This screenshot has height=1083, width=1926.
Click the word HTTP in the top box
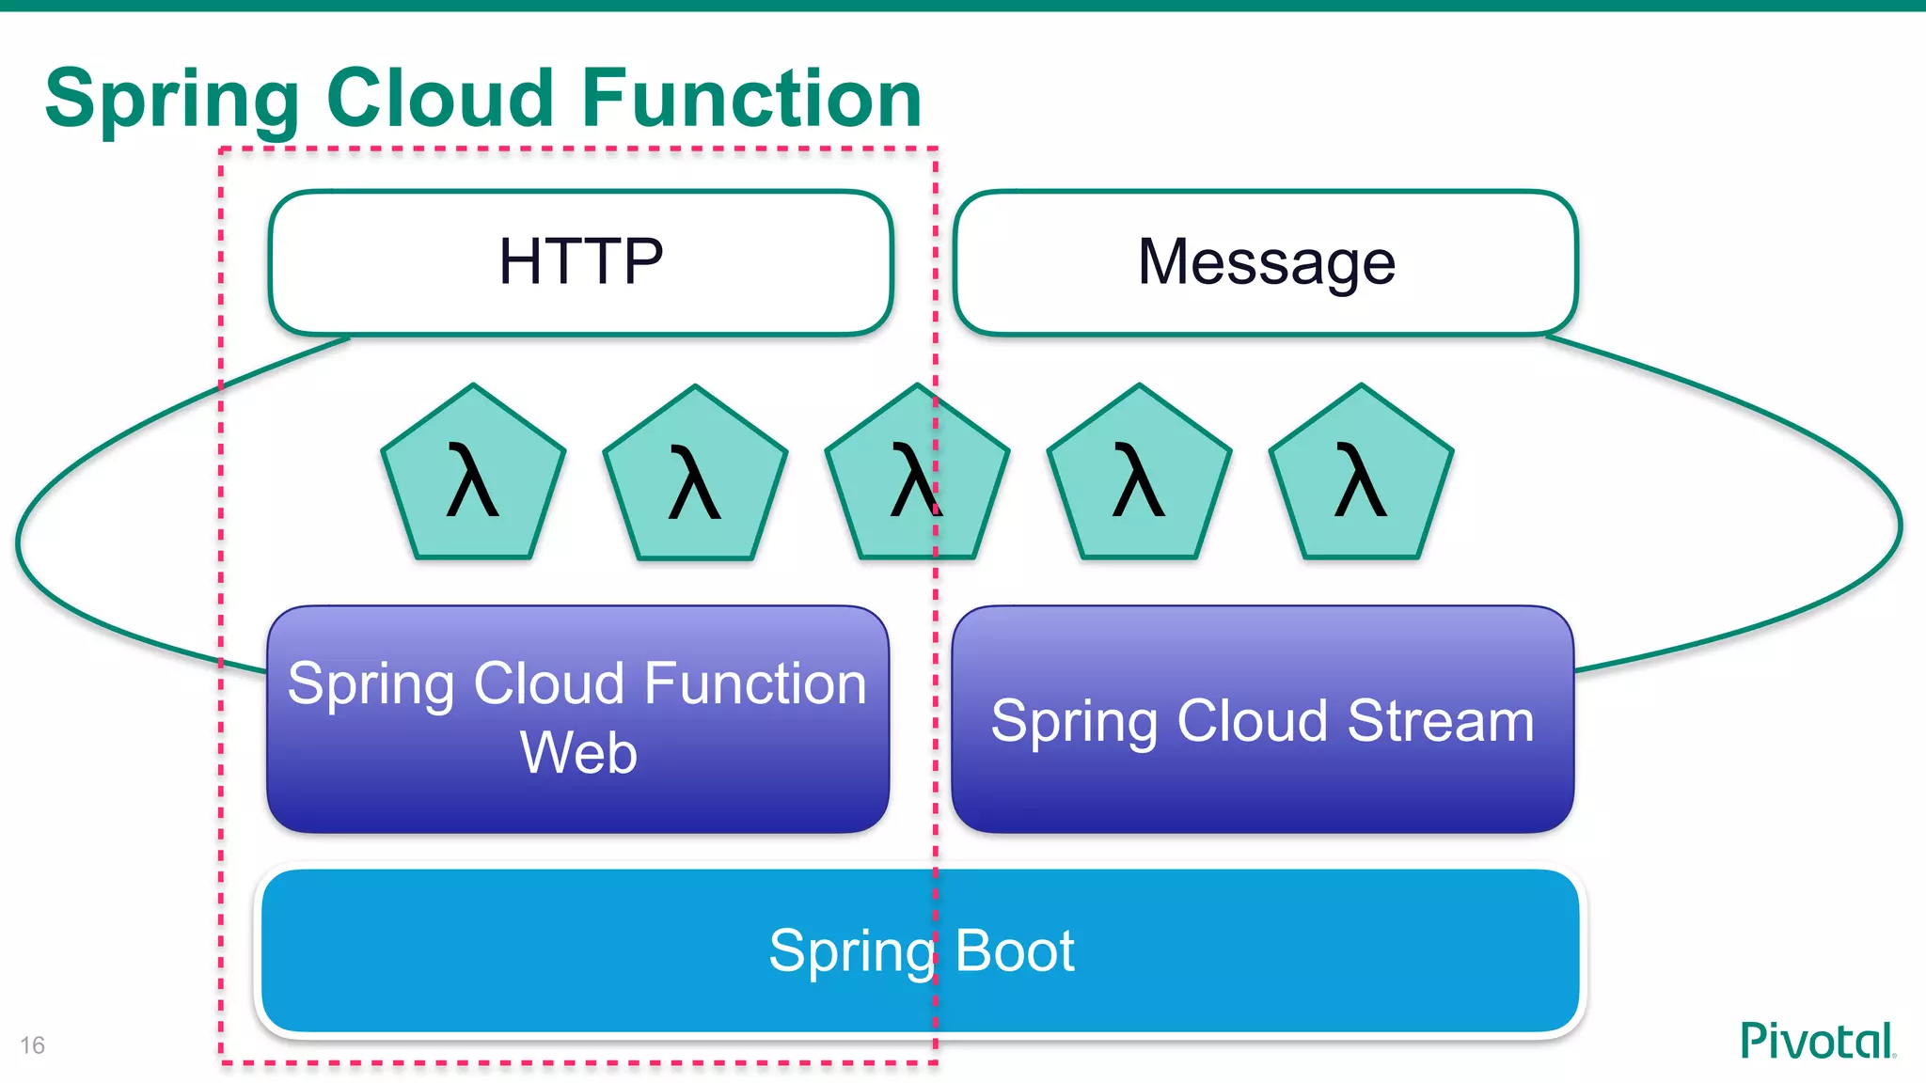pos(580,261)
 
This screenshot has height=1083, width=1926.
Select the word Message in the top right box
pos(1266,261)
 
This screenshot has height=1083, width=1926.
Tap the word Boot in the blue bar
pos(1014,950)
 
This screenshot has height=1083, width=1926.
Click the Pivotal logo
pos(1817,1042)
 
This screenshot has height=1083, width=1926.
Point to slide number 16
pos(32,1045)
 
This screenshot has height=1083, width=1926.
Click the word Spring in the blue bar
pos(851,952)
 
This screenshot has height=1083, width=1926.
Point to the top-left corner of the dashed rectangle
pos(221,149)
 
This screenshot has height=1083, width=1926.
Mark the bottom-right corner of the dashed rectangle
pos(936,1063)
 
